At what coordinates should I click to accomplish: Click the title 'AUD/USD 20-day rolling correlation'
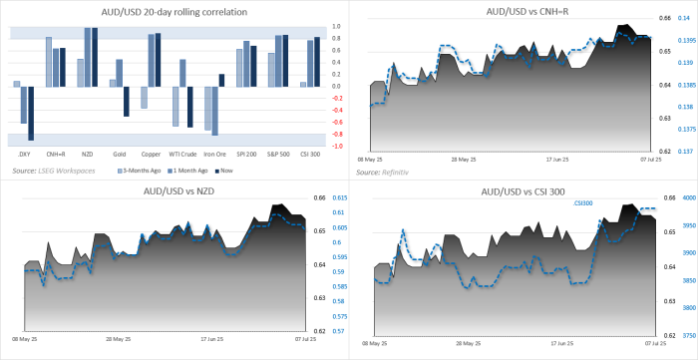tap(174, 11)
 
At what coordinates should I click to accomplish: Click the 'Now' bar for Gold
tap(127, 101)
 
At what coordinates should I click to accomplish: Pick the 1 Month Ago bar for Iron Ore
tap(215, 110)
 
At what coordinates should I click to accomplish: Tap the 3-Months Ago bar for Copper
tap(144, 97)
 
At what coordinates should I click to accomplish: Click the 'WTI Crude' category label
tap(181, 154)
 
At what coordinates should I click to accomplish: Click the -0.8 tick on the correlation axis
tap(336, 134)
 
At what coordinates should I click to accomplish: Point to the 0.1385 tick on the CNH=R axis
tap(687, 85)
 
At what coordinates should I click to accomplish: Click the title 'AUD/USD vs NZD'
tap(174, 190)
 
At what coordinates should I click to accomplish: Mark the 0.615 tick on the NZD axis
tap(338, 197)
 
